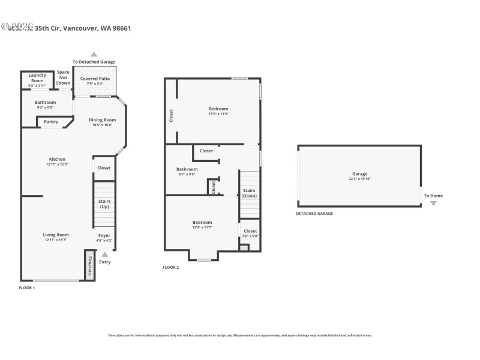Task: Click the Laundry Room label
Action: [x=37, y=77]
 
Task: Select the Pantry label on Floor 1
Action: [x=51, y=122]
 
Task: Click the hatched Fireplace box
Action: [x=90, y=265]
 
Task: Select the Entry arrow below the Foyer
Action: [x=105, y=254]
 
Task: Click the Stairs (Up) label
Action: [x=104, y=203]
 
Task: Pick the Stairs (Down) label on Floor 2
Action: [x=249, y=193]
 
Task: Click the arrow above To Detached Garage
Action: [x=94, y=54]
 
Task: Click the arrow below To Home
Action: [x=433, y=203]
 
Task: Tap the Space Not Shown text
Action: [x=63, y=77]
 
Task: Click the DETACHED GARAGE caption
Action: [x=314, y=214]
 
